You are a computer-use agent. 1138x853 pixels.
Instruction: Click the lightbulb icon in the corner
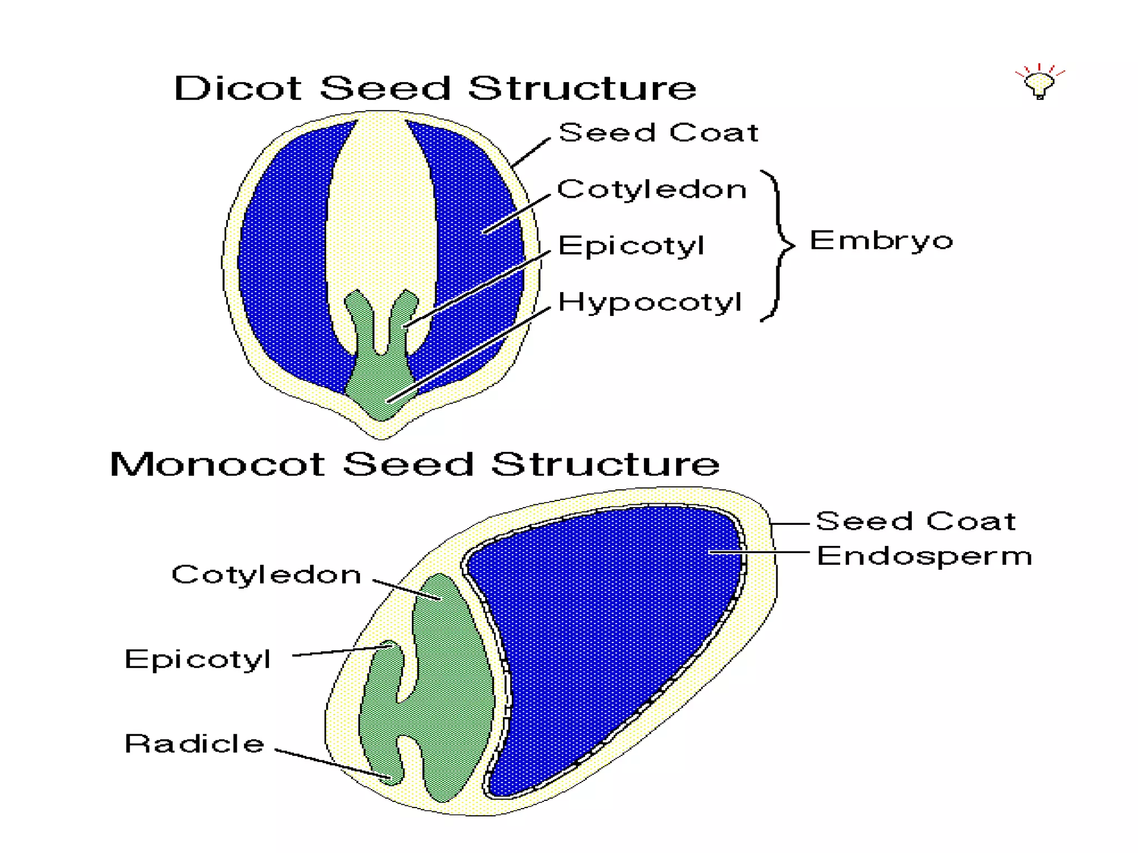click(x=1040, y=83)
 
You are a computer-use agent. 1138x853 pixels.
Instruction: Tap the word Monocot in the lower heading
click(x=217, y=464)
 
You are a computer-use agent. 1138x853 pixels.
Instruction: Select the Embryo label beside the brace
click(x=881, y=241)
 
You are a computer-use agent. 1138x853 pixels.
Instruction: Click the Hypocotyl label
click(x=650, y=303)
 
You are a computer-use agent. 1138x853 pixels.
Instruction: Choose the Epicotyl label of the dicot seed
click(x=631, y=245)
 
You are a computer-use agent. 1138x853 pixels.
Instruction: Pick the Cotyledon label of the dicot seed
click(x=651, y=189)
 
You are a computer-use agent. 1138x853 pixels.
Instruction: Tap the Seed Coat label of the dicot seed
click(x=658, y=133)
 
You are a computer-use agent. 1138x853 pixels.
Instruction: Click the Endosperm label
click(x=924, y=556)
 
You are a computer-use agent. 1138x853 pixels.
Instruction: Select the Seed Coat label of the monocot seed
click(x=915, y=521)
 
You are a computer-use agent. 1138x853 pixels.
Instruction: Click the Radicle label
click(x=194, y=744)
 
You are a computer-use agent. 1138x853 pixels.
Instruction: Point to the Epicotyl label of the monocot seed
click(x=197, y=659)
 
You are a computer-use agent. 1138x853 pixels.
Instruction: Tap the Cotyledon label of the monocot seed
click(x=266, y=574)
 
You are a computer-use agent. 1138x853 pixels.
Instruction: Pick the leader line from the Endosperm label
click(x=758, y=552)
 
